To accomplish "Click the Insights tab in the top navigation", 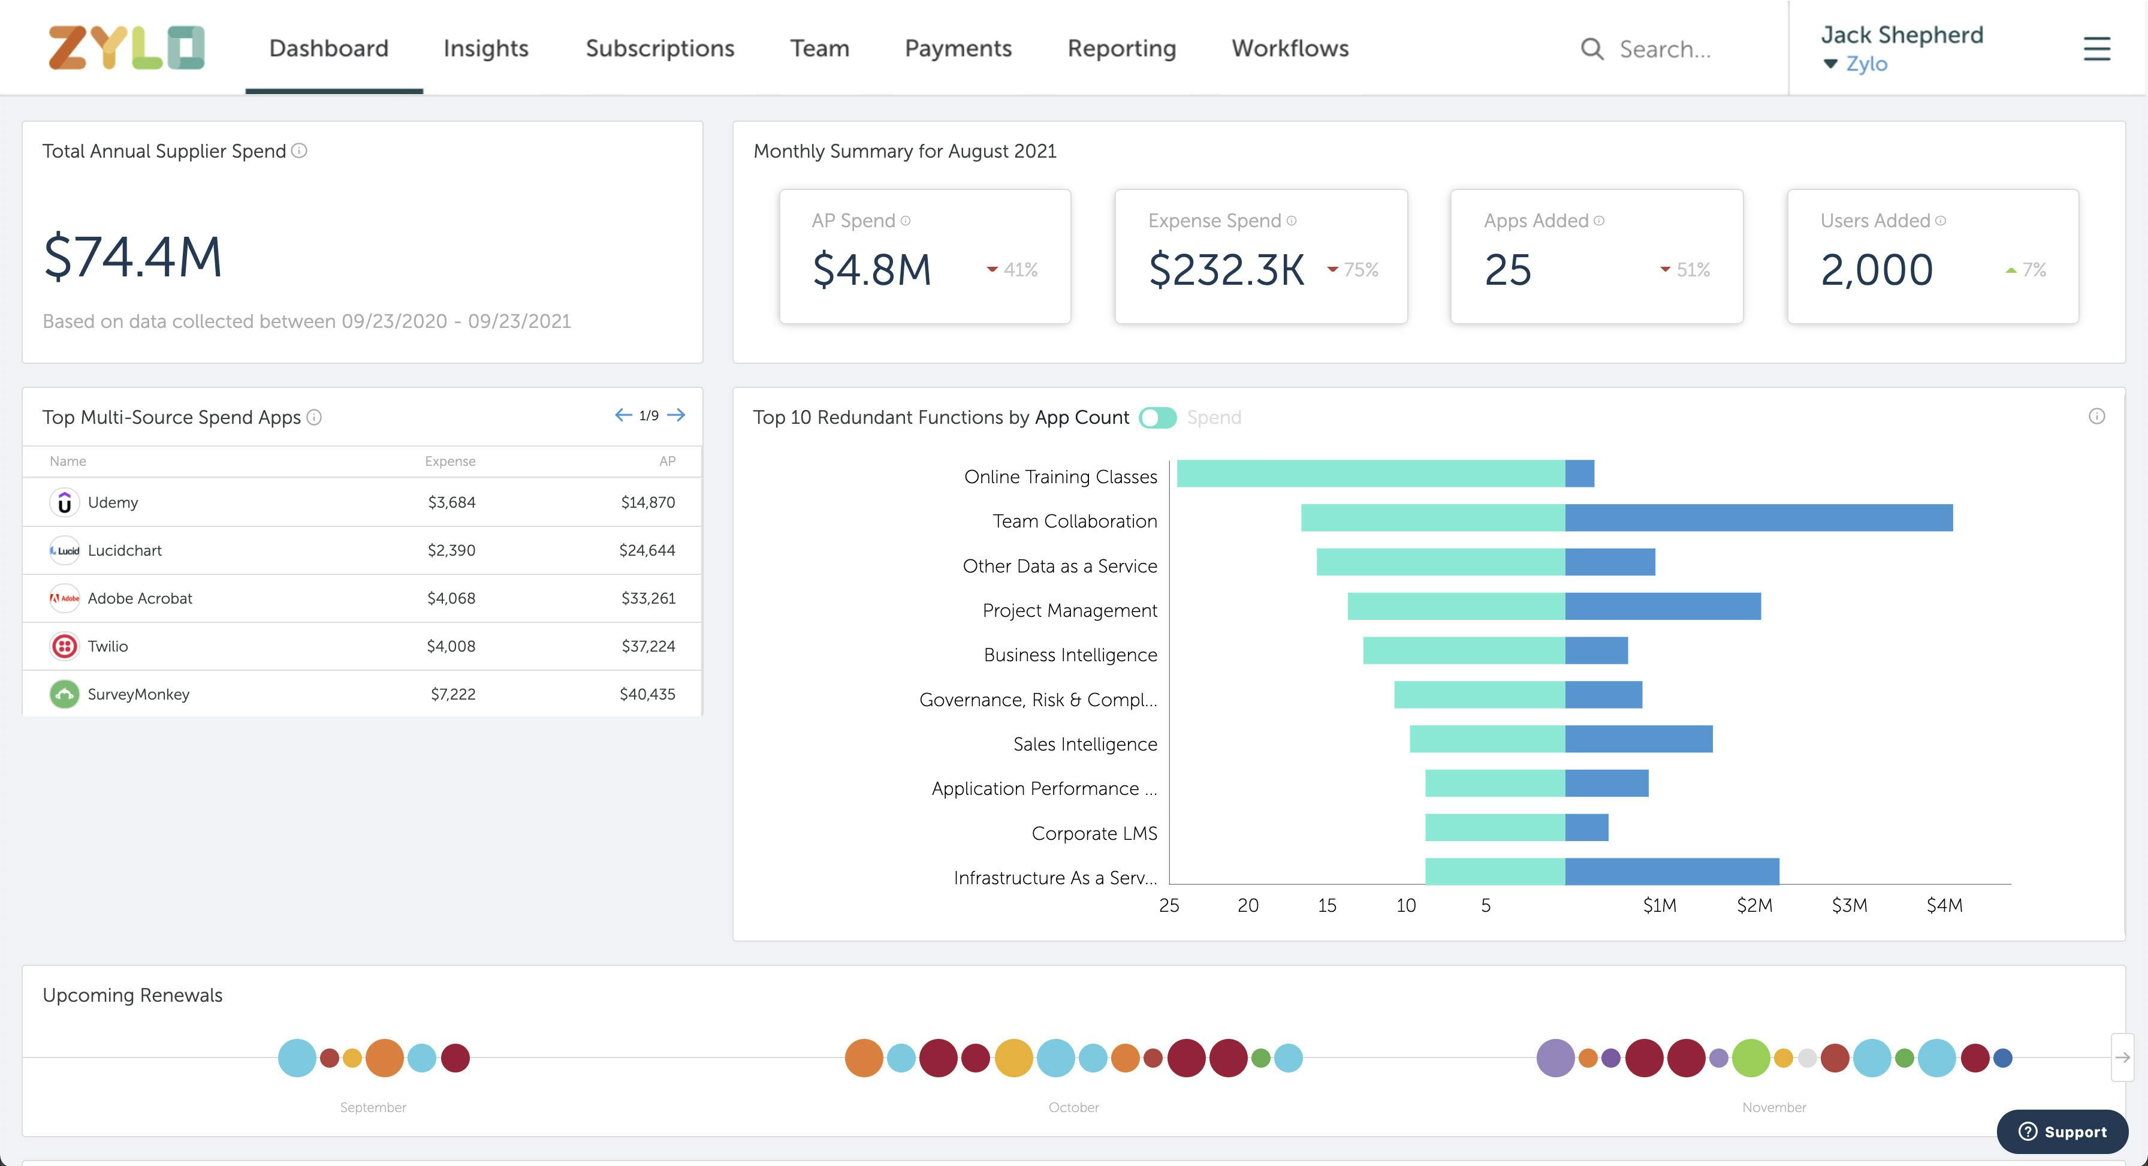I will pyautogui.click(x=485, y=49).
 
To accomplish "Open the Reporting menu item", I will pyautogui.click(x=1121, y=49).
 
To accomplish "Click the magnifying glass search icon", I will pyautogui.click(x=1592, y=49).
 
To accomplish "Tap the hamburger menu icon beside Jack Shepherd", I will pyautogui.click(x=2096, y=49).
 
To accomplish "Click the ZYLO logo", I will pyautogui.click(x=126, y=47).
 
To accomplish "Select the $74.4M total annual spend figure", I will pyautogui.click(x=134, y=257).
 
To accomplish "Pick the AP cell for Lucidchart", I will pyautogui.click(x=647, y=550).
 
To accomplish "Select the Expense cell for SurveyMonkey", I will pyautogui.click(x=452, y=694).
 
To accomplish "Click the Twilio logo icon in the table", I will pyautogui.click(x=64, y=646).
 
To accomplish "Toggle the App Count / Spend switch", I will pyautogui.click(x=1157, y=418).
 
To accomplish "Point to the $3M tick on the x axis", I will pyautogui.click(x=1849, y=906).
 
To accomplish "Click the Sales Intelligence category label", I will pyautogui.click(x=1085, y=744).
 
